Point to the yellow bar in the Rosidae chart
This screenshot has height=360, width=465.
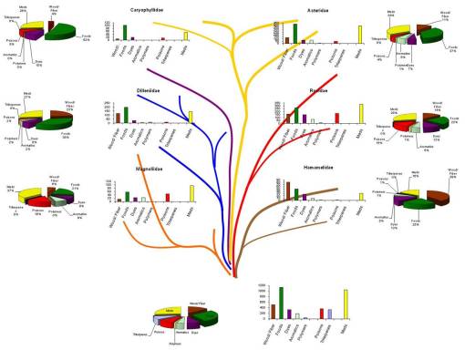click(361, 112)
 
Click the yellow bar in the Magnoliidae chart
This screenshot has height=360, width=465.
click(191, 193)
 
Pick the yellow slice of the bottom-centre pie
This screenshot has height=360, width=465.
click(166, 313)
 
